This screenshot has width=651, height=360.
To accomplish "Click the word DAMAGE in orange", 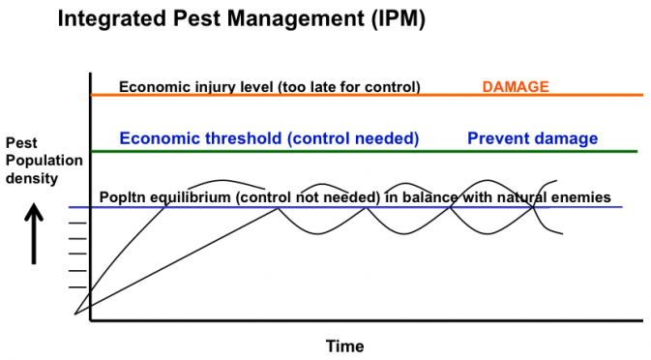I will tap(515, 87).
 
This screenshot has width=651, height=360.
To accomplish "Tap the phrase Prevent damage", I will tap(532, 138).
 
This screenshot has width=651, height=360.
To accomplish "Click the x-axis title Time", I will tap(344, 345).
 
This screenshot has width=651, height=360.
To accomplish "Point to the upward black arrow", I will tap(35, 232).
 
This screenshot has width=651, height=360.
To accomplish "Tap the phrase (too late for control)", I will tap(349, 87).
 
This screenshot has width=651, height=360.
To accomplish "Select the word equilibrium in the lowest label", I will tap(190, 197).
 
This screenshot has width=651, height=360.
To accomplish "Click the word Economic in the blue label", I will tap(155, 138).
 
